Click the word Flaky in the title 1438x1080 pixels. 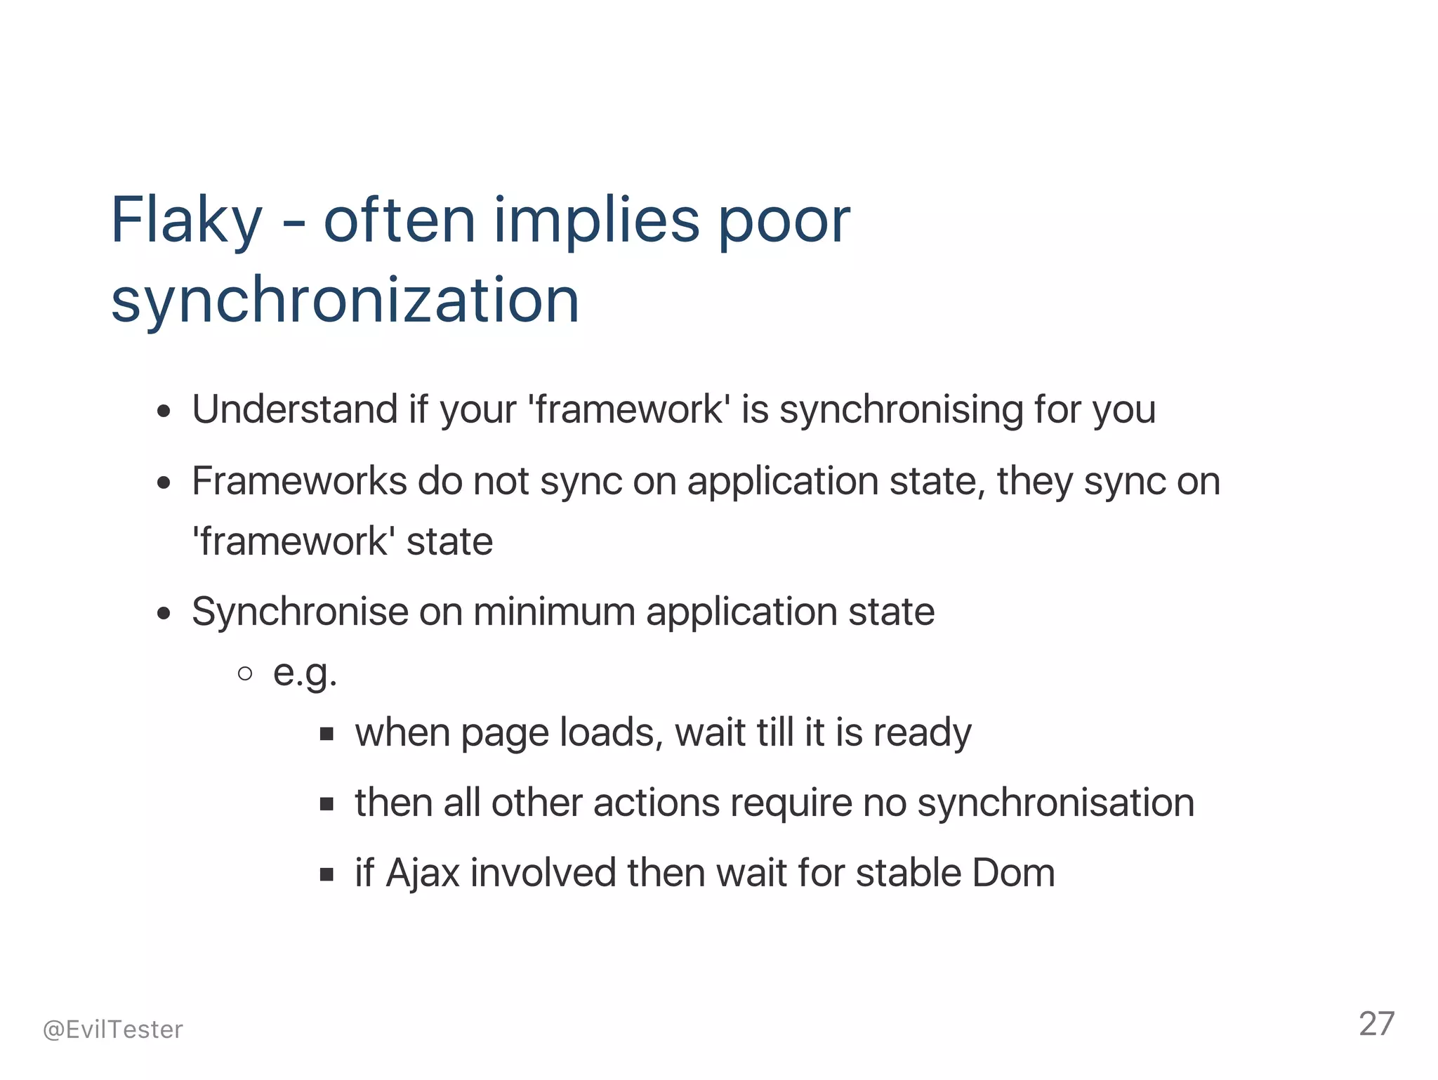[186, 220]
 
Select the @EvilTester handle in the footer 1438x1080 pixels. [112, 1029]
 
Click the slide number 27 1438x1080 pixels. [1376, 1024]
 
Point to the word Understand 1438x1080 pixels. [295, 409]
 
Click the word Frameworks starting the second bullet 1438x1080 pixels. [299, 482]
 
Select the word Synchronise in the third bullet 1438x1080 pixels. [300, 612]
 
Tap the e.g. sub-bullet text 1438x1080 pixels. [305, 673]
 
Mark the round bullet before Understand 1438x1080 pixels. [164, 411]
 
